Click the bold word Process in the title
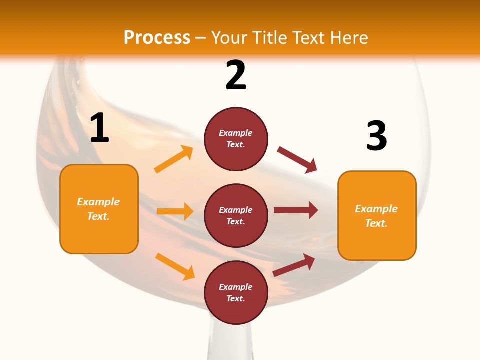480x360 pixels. point(157,38)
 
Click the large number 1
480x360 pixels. point(99,128)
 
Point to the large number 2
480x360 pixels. point(236,75)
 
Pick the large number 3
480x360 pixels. point(376,136)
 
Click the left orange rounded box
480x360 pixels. point(99,209)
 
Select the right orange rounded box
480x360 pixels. point(377,215)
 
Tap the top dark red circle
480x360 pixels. point(236,138)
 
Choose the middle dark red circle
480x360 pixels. point(236,215)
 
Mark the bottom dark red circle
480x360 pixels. point(236,292)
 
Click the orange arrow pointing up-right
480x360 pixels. point(174,159)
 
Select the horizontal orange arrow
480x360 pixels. point(175,211)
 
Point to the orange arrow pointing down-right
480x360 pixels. point(175,266)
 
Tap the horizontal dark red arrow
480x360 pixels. point(296,210)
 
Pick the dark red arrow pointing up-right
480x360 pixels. point(294,265)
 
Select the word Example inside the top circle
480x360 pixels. point(236,133)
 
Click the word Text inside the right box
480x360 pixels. point(376,223)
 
